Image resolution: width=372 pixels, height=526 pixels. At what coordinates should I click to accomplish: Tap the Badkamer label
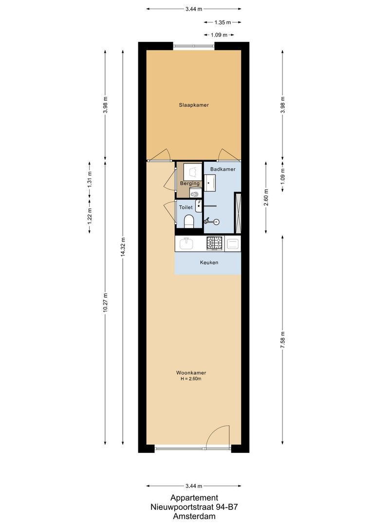pos(222,169)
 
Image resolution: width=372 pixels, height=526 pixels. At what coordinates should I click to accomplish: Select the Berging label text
pos(189,183)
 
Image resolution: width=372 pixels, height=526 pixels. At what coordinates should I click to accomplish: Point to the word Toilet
pos(186,207)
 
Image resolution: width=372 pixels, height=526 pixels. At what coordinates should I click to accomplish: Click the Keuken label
pos(209,263)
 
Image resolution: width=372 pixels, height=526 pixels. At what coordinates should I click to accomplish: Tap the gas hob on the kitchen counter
pos(215,243)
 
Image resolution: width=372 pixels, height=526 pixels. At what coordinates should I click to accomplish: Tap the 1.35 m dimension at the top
pos(223,22)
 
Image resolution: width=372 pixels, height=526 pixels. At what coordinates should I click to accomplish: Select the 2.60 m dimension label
pos(265,197)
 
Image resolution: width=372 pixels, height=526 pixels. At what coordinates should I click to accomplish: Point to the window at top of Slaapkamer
pos(194,46)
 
